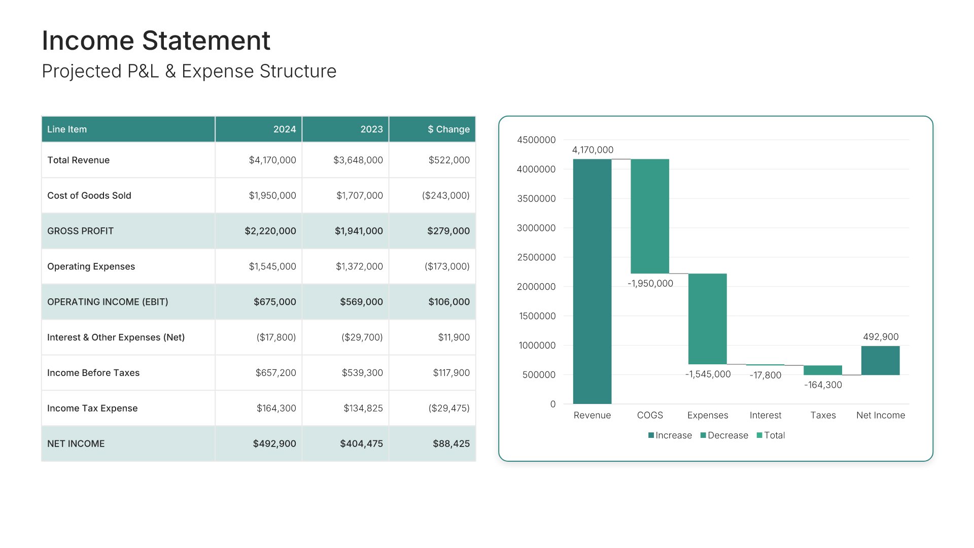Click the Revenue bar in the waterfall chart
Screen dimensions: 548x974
pos(592,282)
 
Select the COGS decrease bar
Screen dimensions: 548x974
pos(650,216)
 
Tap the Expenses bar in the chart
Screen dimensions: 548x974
pos(707,319)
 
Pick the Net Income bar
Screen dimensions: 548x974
pos(880,360)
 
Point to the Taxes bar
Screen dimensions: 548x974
pos(822,370)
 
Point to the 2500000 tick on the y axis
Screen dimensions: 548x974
pos(536,257)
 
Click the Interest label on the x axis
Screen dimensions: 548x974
pos(765,415)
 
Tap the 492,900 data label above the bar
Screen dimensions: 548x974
pos(881,337)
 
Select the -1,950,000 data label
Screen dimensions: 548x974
pos(650,284)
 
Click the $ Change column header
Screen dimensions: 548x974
pos(448,129)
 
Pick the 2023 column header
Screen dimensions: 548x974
pos(371,129)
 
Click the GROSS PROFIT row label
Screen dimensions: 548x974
pos(80,231)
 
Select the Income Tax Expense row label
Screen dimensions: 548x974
pos(92,408)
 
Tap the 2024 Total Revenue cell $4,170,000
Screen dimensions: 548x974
pos(272,160)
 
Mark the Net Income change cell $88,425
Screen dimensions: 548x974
pos(451,444)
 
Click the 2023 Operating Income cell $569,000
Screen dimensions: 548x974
pos(361,302)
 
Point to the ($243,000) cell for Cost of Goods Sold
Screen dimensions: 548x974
pos(445,196)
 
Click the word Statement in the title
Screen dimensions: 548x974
pos(206,41)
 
